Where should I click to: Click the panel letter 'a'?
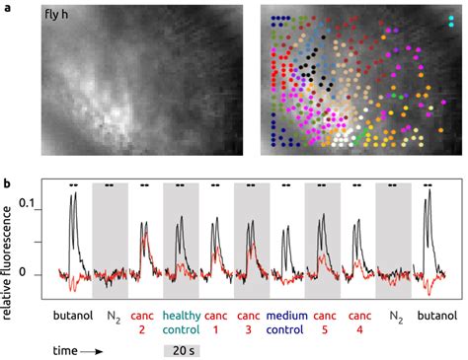7,7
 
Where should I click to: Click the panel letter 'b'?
7,183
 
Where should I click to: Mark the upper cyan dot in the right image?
451,18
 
